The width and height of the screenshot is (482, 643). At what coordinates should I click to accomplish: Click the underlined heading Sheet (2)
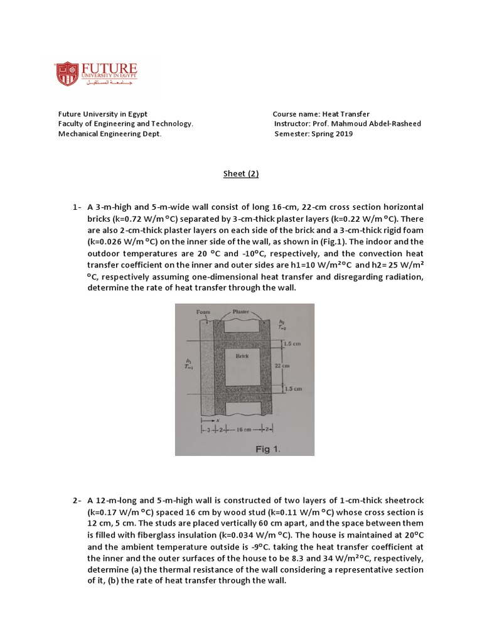[241, 175]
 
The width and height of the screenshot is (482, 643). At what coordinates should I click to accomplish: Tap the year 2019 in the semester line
[344, 134]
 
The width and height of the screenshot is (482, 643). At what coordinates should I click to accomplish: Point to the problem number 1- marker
[78, 207]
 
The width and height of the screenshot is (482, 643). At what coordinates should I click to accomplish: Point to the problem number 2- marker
[78, 500]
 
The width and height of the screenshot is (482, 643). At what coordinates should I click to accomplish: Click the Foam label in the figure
[203, 311]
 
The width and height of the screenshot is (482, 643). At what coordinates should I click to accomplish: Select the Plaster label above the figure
[242, 311]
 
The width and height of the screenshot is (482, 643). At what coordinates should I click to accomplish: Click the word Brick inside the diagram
[242, 356]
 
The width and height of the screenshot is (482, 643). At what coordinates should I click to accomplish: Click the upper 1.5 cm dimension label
[293, 344]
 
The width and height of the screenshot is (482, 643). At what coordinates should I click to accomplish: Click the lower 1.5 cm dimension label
[293, 389]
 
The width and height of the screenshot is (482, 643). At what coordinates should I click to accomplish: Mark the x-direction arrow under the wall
[208, 419]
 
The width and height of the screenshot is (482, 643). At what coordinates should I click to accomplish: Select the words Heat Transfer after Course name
[346, 114]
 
